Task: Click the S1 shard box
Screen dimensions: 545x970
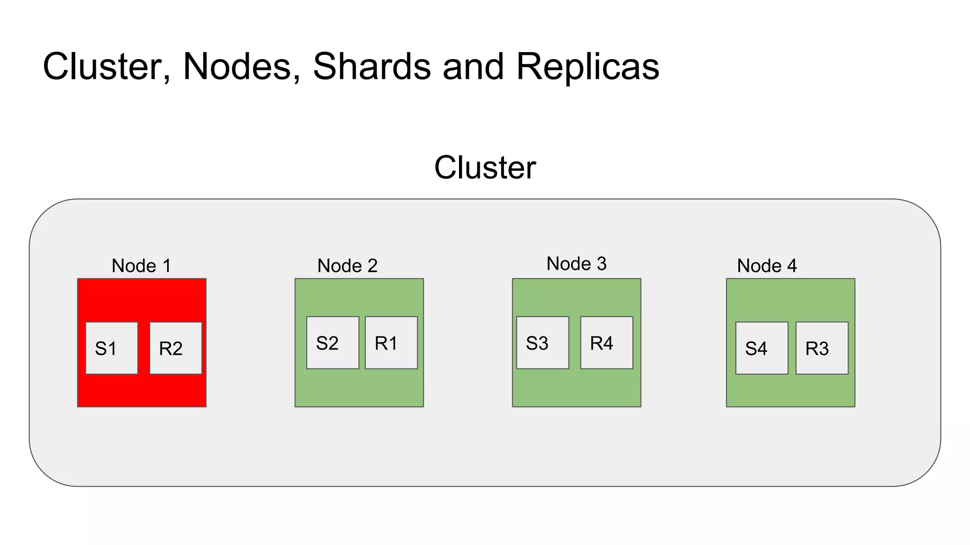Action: pos(111,348)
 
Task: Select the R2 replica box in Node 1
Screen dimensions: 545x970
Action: pos(176,348)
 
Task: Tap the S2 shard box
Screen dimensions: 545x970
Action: pos(332,343)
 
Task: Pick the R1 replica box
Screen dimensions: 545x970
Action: pos(391,343)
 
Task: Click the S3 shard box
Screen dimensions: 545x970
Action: pos(542,343)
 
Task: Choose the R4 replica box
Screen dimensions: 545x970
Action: pos(607,343)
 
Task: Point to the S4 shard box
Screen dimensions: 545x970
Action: pos(762,348)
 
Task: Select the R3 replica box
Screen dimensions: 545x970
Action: pos(822,348)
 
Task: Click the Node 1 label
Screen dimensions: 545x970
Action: pos(141,266)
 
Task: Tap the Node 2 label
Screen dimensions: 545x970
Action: pos(347,266)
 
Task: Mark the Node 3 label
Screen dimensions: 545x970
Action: pos(576,264)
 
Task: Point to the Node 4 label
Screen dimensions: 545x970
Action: pos(767,266)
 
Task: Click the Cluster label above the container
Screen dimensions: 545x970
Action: pos(485,167)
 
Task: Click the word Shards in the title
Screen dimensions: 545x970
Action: pos(372,66)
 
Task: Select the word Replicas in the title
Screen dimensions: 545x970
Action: pos(587,66)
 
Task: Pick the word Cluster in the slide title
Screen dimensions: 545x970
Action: pos(107,66)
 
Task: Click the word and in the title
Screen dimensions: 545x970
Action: pos(473,66)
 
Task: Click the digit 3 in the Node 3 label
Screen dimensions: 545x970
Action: pos(602,264)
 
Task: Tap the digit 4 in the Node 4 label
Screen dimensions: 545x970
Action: pos(792,266)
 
